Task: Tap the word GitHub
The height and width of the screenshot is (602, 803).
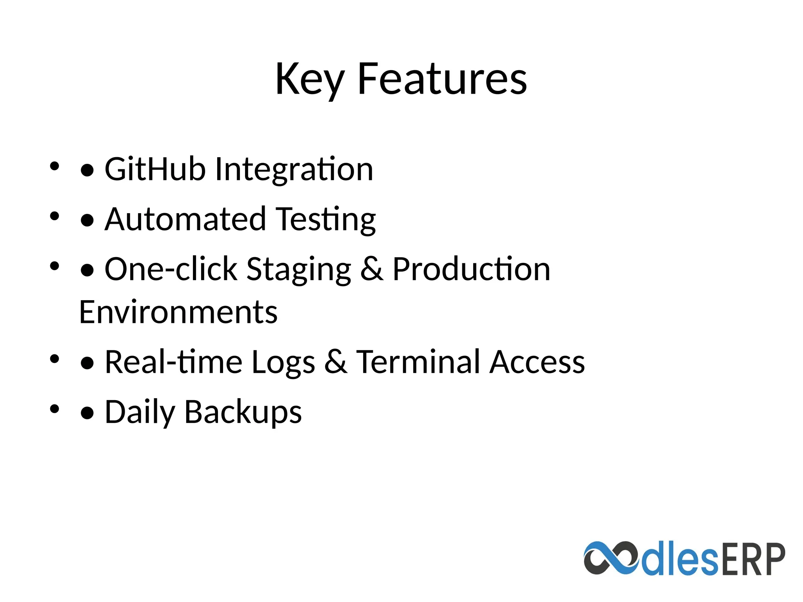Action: pos(155,169)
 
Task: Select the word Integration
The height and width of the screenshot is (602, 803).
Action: pos(294,170)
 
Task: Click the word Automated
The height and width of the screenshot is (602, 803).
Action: pos(185,219)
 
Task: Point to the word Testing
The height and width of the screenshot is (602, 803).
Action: pos(326,220)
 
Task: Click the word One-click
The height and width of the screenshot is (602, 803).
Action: pos(171,269)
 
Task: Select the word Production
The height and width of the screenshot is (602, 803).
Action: pos(471,269)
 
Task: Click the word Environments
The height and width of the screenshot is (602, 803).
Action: pos(178,312)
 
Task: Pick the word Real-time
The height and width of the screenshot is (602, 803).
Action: pos(173,362)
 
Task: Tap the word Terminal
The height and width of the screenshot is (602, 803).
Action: pos(418,362)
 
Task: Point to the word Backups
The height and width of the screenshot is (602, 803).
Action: pos(243,412)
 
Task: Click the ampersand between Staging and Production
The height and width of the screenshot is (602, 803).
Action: pos(371,269)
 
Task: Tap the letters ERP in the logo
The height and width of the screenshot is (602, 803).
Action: pos(752,559)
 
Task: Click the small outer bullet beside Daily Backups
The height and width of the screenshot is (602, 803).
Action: pos(55,409)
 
